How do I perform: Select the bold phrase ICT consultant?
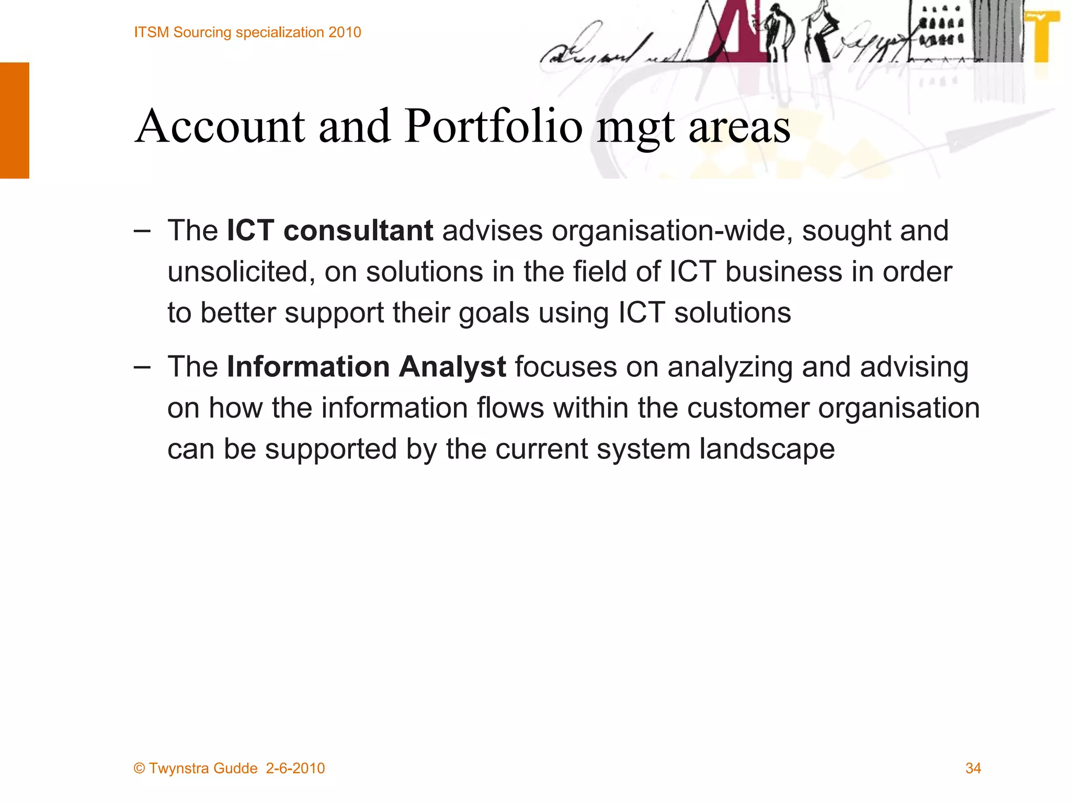click(x=329, y=231)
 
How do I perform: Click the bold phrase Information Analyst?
click(x=366, y=366)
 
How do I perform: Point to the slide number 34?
click(x=973, y=768)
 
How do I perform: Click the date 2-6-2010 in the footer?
click(x=295, y=768)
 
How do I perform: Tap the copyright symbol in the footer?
click(x=139, y=768)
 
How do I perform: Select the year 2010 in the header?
click(x=345, y=32)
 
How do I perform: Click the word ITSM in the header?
click(x=152, y=32)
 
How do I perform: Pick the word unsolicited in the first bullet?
click(x=241, y=272)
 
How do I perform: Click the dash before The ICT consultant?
click(x=141, y=231)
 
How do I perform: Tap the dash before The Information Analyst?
click(x=141, y=367)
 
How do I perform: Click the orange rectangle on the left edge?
click(x=15, y=120)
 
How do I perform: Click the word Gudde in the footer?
click(x=235, y=768)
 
